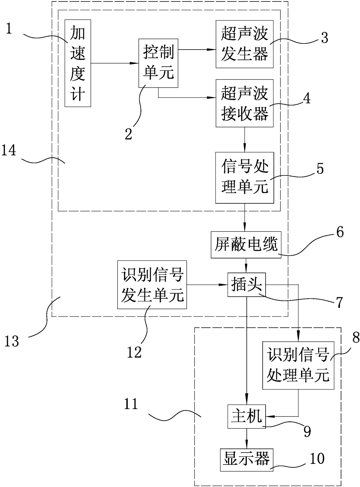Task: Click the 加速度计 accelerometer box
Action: pyautogui.click(x=78, y=63)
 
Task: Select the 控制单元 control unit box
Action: pyautogui.click(x=158, y=63)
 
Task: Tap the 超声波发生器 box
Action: pyautogui.click(x=244, y=44)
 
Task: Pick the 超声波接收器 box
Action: pyautogui.click(x=244, y=103)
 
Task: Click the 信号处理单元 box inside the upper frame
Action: pyautogui.click(x=244, y=178)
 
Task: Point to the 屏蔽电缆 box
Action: pyautogui.click(x=246, y=245)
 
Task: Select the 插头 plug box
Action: pyautogui.click(x=246, y=285)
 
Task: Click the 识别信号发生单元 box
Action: pyautogui.click(x=152, y=285)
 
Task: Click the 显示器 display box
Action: pyautogui.click(x=246, y=460)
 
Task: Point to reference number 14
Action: pyautogui.click(x=9, y=151)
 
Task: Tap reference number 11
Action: pyautogui.click(x=131, y=404)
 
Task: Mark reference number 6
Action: pyautogui.click(x=340, y=232)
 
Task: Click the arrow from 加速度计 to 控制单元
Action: pyautogui.click(x=114, y=63)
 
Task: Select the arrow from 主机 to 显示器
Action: pyautogui.click(x=246, y=439)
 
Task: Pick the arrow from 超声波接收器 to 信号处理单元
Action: pyautogui.click(x=245, y=140)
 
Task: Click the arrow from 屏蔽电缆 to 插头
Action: pyautogui.click(x=246, y=266)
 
